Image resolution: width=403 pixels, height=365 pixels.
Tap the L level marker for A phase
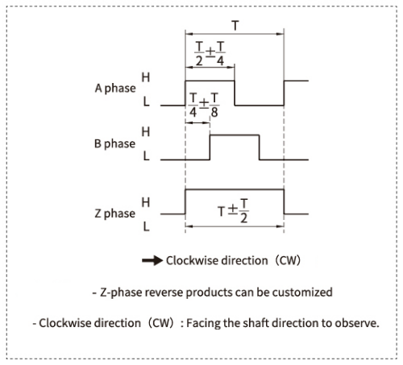coord(146,104)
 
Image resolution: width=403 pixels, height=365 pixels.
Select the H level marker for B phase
coord(146,131)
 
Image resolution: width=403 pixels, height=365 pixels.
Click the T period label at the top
coord(235,26)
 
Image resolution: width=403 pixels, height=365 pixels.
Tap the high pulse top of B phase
coord(234,135)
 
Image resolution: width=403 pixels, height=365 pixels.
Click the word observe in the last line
coord(356,323)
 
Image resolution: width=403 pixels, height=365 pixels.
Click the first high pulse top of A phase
coord(210,80)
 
